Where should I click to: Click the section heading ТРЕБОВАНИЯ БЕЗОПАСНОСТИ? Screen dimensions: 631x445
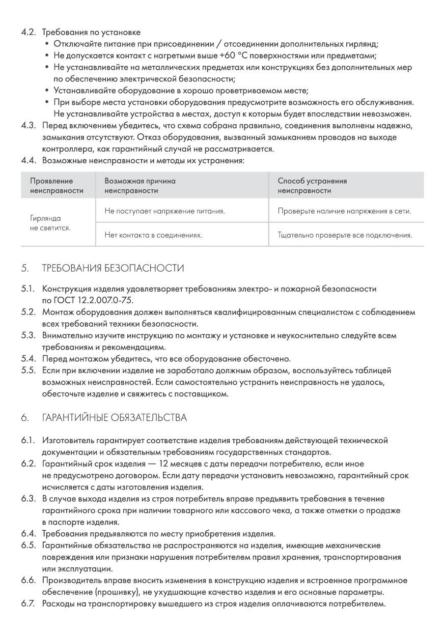click(113, 268)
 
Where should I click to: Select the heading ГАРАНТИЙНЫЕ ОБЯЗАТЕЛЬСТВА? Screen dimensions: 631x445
click(115, 418)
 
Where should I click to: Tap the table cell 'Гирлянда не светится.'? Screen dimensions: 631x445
click(50, 223)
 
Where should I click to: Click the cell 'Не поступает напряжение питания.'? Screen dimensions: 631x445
click(164, 211)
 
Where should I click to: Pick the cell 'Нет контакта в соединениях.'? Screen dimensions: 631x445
click(153, 235)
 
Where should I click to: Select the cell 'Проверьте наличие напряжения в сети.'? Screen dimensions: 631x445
click(344, 211)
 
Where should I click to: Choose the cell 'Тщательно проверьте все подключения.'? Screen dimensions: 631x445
click(345, 235)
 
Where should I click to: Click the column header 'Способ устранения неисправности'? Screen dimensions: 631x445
click(312, 186)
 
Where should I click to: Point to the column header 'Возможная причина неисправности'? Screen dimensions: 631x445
click(140, 186)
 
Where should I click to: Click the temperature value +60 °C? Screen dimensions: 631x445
click(234, 55)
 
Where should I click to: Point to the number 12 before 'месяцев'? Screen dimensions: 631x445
click(164, 464)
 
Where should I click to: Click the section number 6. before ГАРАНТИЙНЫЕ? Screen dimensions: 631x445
click(24, 418)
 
